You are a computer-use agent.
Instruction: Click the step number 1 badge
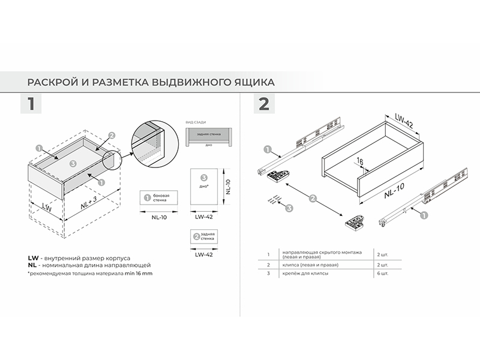30,104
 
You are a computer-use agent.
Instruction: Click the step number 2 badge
263,104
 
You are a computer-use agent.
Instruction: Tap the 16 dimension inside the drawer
361,161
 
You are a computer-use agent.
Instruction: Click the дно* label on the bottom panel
204,186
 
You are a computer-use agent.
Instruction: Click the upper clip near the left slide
277,176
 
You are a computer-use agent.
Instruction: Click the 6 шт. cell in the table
382,274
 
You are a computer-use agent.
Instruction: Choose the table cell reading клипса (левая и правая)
312,265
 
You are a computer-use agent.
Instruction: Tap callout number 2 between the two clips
313,197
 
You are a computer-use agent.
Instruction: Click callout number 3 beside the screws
289,209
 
